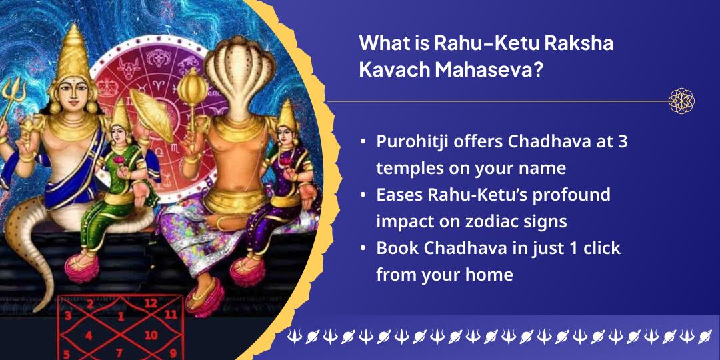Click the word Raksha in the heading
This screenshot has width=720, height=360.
coord(579,44)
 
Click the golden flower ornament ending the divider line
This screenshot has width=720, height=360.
coord(681,101)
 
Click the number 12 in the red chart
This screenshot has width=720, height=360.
coord(151,303)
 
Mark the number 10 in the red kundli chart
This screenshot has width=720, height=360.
coord(151,335)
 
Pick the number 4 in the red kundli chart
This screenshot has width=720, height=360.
coord(89,335)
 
